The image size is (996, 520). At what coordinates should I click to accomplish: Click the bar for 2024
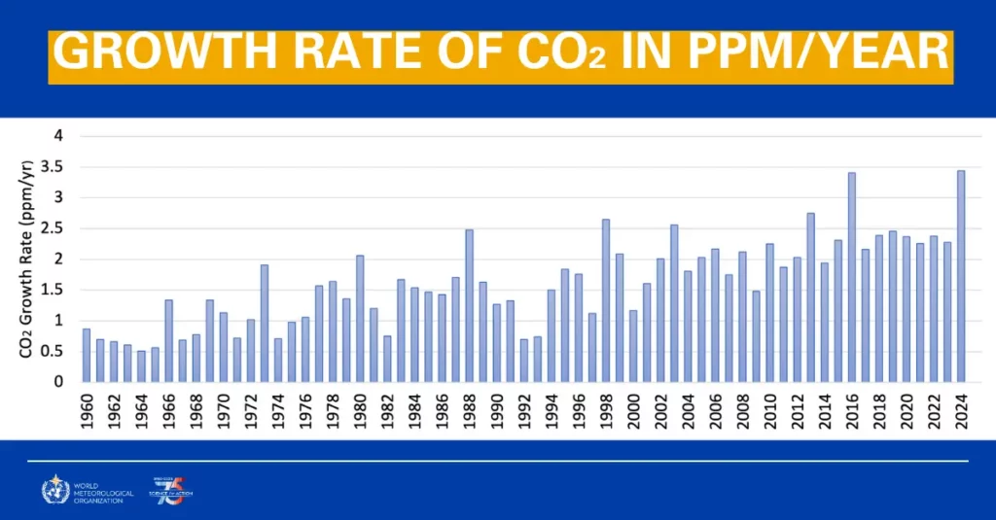tap(961, 277)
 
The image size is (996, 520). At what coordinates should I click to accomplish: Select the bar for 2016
tap(852, 278)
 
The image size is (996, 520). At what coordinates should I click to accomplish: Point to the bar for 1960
tap(87, 356)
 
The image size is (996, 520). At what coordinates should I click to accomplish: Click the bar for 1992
tap(524, 361)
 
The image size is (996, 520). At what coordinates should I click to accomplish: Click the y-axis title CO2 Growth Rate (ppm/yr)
tap(28, 259)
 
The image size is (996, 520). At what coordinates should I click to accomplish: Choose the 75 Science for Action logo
tap(167, 492)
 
